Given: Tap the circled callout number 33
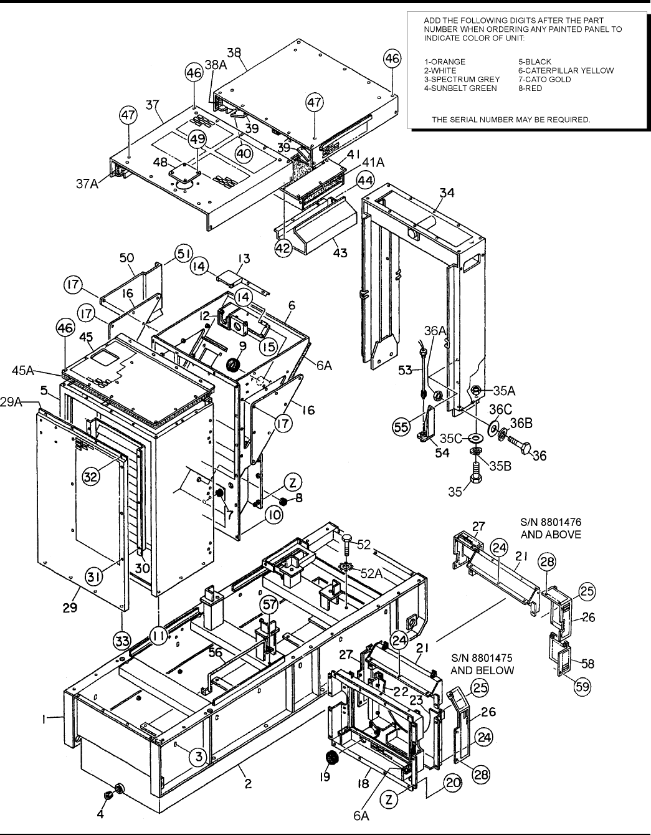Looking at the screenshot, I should pyautogui.click(x=123, y=640).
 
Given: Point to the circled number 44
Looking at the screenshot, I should pyautogui.click(x=348, y=181).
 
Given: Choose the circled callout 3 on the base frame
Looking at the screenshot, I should pyautogui.click(x=198, y=756).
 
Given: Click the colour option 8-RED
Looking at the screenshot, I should pyautogui.click(x=530, y=88).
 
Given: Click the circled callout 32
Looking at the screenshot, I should pyautogui.click(x=91, y=477).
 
